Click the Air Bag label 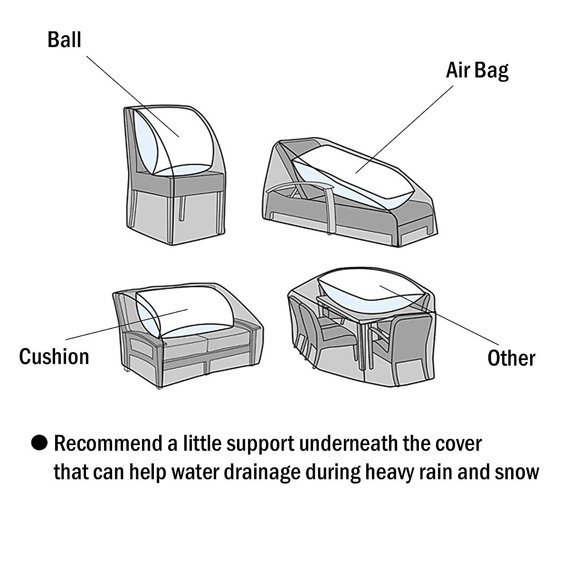(x=477, y=71)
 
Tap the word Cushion (x=54, y=356)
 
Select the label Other (x=511, y=358)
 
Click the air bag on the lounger (x=351, y=176)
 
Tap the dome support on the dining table (x=370, y=292)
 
